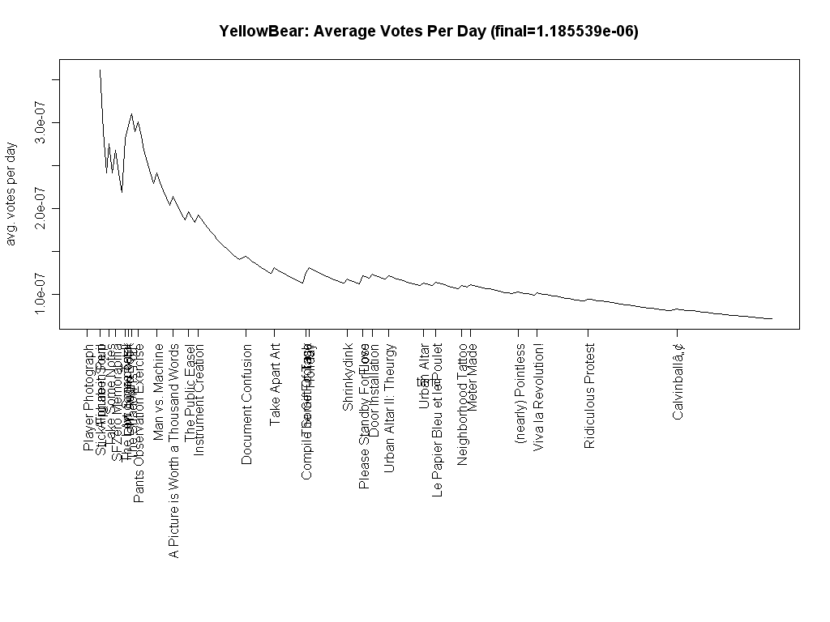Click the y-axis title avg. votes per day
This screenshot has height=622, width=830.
tap(11, 195)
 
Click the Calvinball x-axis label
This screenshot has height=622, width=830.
tap(678, 381)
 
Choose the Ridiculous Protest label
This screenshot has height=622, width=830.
tap(589, 396)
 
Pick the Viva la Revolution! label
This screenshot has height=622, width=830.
tap(538, 396)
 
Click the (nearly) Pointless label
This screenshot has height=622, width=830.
tap(520, 394)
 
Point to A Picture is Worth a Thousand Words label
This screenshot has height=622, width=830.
tap(173, 451)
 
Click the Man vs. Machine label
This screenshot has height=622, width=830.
tap(159, 392)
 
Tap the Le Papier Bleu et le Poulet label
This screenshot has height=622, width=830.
tap(437, 421)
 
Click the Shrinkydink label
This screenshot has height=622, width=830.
tap(348, 377)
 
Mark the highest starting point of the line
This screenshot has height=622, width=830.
tap(100, 70)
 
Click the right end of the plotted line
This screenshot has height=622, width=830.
tap(772, 319)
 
